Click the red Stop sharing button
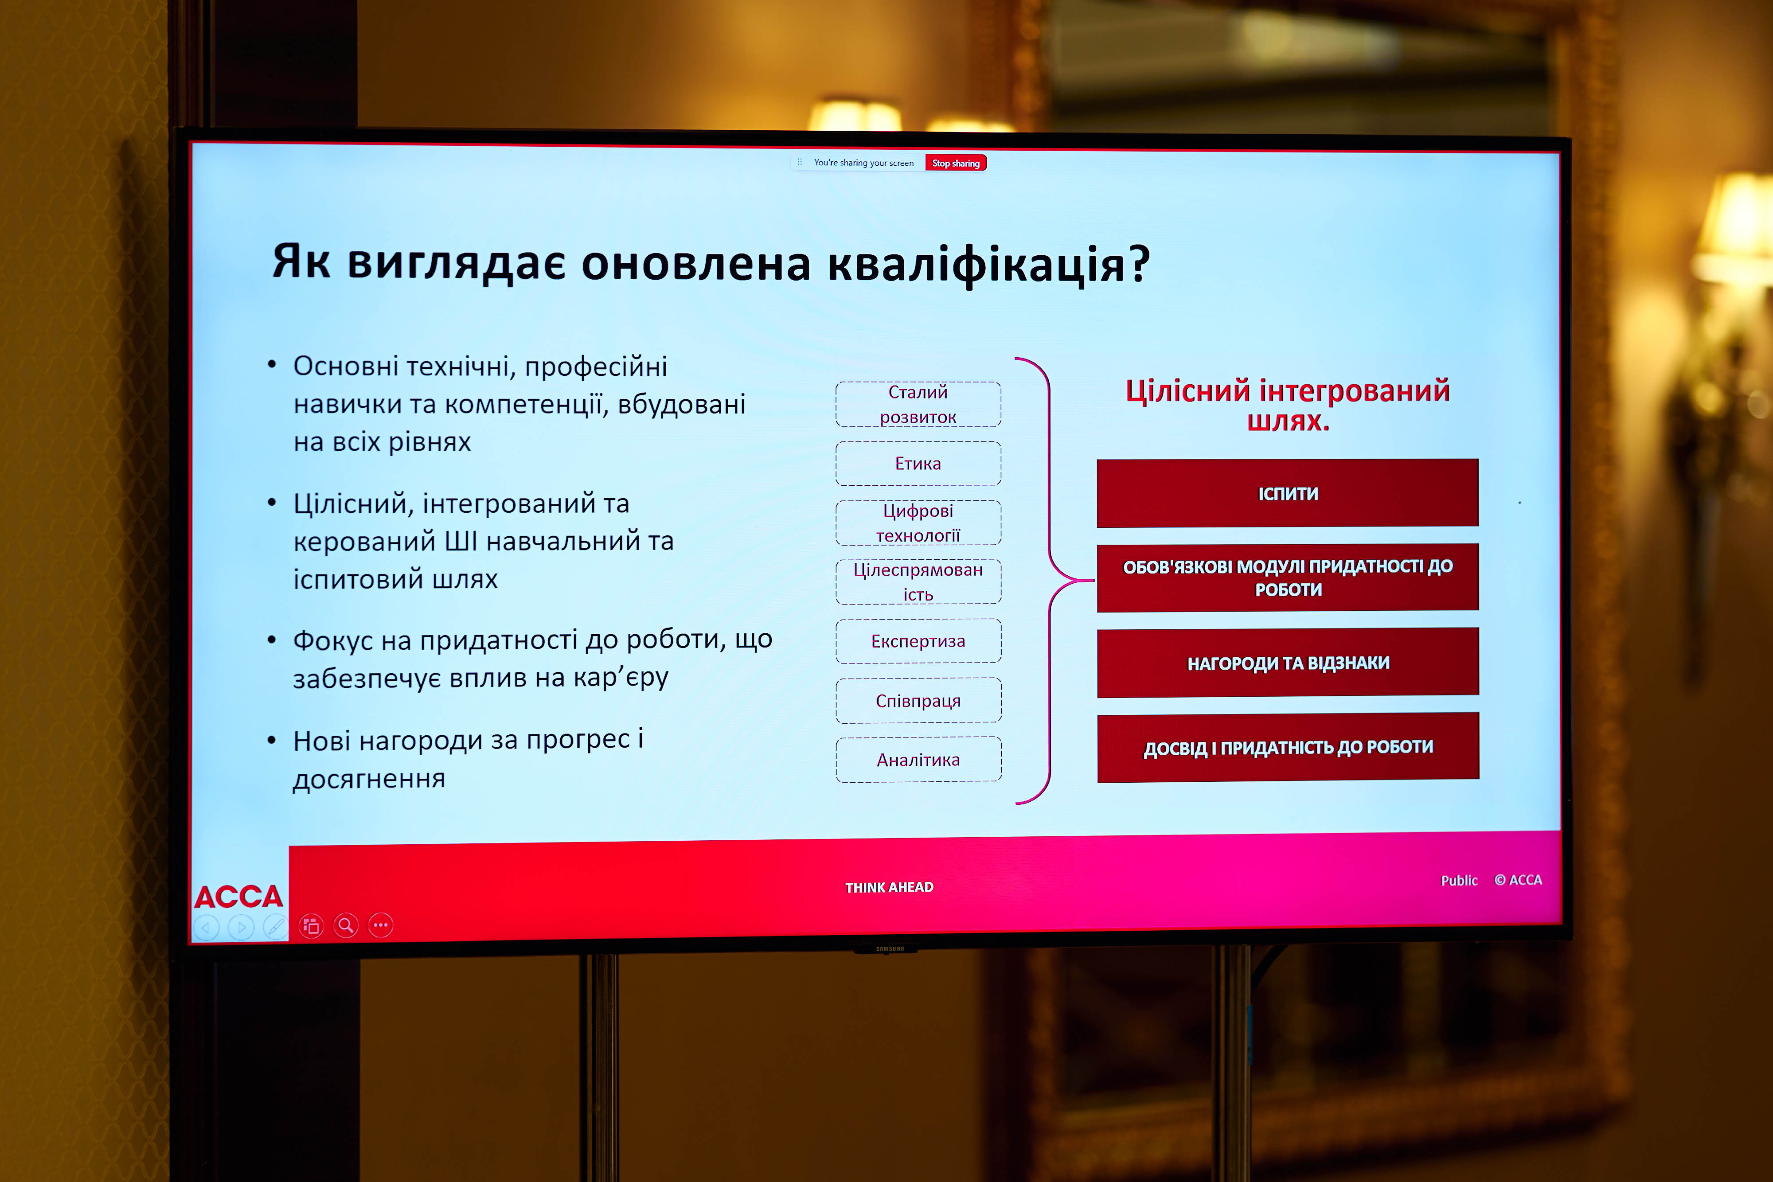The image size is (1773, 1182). click(x=955, y=163)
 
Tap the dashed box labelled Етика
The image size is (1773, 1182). click(x=918, y=464)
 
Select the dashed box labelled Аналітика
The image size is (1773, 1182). click(x=918, y=760)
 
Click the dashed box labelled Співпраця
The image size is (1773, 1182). click(x=918, y=701)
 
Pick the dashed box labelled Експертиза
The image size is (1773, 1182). click(x=918, y=641)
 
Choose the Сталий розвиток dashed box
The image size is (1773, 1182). click(x=918, y=404)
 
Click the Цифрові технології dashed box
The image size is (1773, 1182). click(x=918, y=523)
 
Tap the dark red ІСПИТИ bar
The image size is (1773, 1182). click(x=1288, y=494)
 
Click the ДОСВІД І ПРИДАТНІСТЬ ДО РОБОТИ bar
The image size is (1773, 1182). click(x=1288, y=748)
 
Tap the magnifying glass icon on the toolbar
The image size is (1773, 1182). click(x=346, y=925)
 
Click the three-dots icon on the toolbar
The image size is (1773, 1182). click(x=381, y=925)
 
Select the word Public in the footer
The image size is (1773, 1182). click(x=1459, y=881)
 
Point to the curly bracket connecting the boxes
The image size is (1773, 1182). click(x=1049, y=581)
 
